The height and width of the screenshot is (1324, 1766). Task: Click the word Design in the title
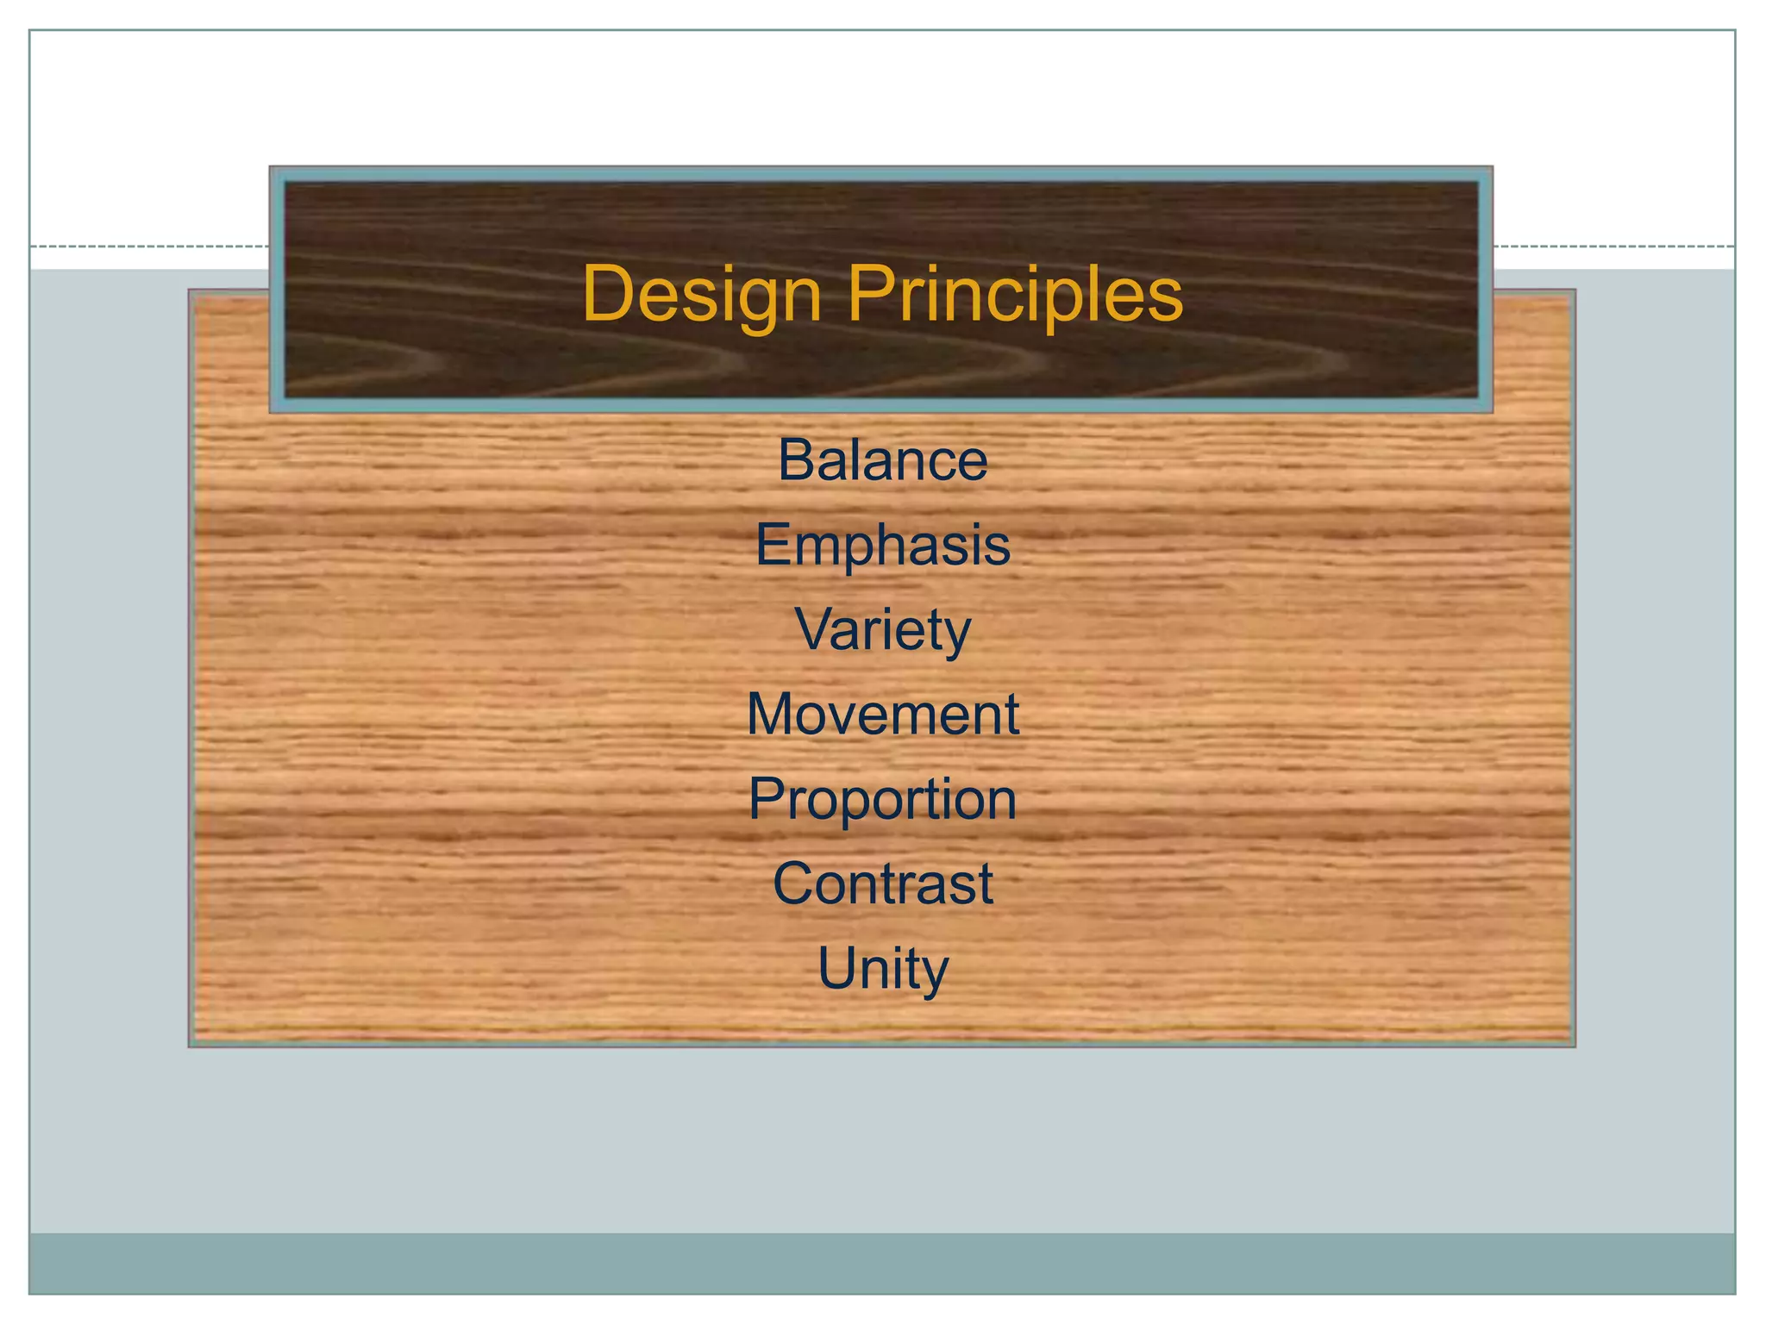point(701,295)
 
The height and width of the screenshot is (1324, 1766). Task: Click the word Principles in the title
point(1015,295)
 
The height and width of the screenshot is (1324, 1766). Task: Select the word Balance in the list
point(882,460)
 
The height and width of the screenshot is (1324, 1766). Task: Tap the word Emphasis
point(882,546)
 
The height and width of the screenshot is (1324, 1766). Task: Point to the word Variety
point(882,630)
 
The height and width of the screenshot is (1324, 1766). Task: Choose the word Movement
point(882,714)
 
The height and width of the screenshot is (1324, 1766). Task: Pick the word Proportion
point(882,799)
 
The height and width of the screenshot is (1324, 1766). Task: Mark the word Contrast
point(882,884)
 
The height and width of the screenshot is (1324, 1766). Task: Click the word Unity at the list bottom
point(882,968)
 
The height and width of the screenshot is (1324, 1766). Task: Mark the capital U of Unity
point(835,967)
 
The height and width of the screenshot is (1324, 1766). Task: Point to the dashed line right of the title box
point(1613,247)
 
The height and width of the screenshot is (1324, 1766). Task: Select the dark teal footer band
point(882,1263)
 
